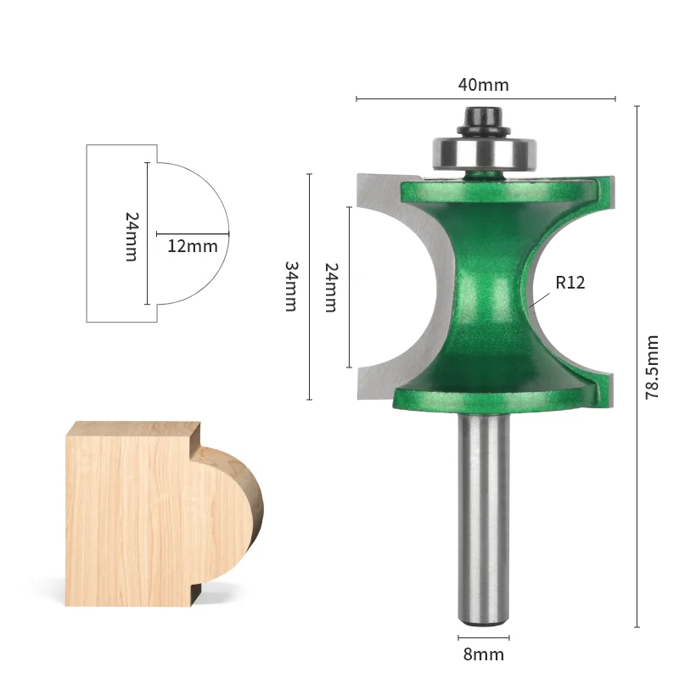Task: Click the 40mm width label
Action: click(x=483, y=85)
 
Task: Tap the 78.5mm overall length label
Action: click(x=652, y=367)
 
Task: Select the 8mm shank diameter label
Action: click(x=483, y=654)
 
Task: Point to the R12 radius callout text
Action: click(x=570, y=283)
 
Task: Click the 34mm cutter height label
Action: click(x=290, y=286)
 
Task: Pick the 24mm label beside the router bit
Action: click(x=331, y=287)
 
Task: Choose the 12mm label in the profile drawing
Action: click(x=193, y=246)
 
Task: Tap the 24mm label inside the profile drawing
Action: click(x=132, y=237)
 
